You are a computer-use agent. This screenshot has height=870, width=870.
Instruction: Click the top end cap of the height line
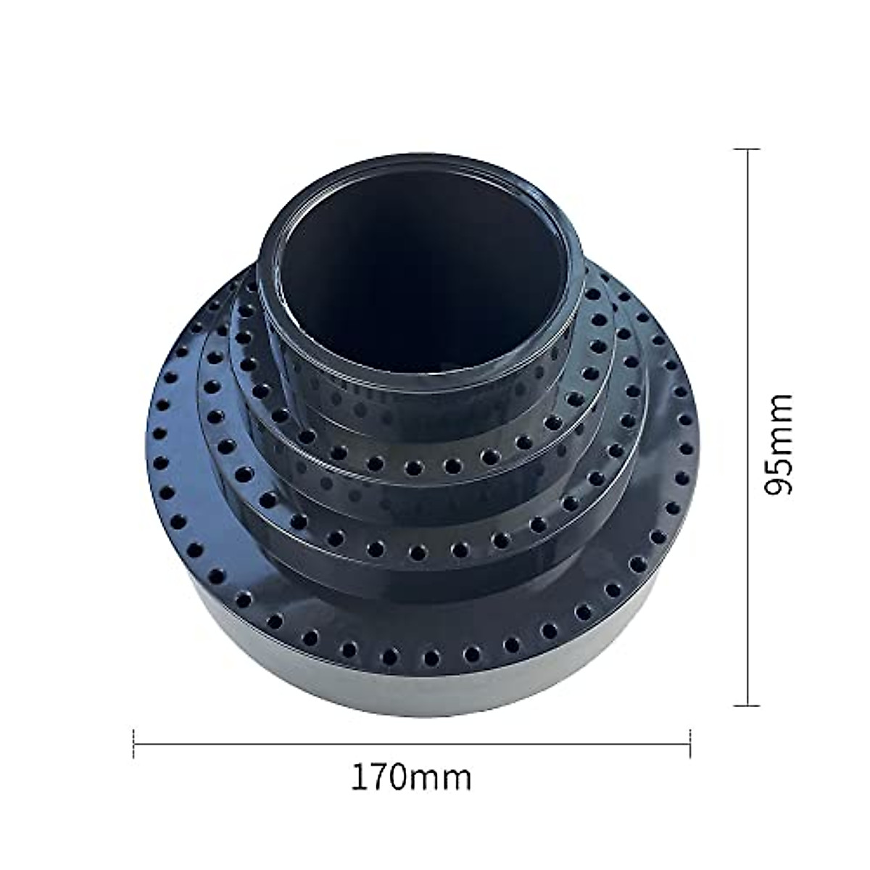click(747, 149)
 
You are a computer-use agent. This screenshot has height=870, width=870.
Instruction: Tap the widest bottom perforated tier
click(181, 507)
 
